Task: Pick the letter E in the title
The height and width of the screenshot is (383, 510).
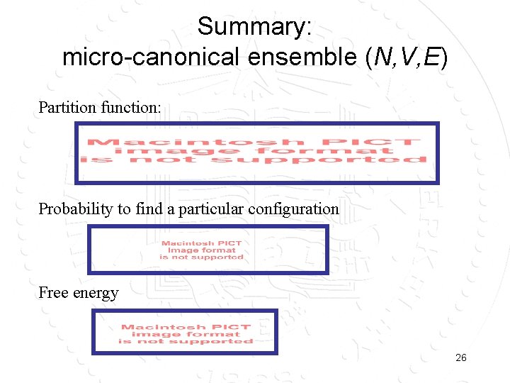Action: tap(430, 57)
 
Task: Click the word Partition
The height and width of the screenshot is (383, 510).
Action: tap(67, 108)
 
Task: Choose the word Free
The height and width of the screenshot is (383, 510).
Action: tap(52, 293)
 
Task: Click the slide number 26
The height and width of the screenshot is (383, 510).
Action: tap(460, 358)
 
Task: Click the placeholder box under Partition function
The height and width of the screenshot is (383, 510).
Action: tap(257, 152)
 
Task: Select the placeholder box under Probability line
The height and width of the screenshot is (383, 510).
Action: tap(208, 250)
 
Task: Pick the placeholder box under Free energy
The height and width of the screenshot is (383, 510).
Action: tap(185, 332)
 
